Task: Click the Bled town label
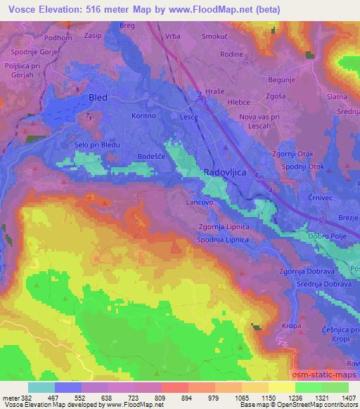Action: coord(97,98)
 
